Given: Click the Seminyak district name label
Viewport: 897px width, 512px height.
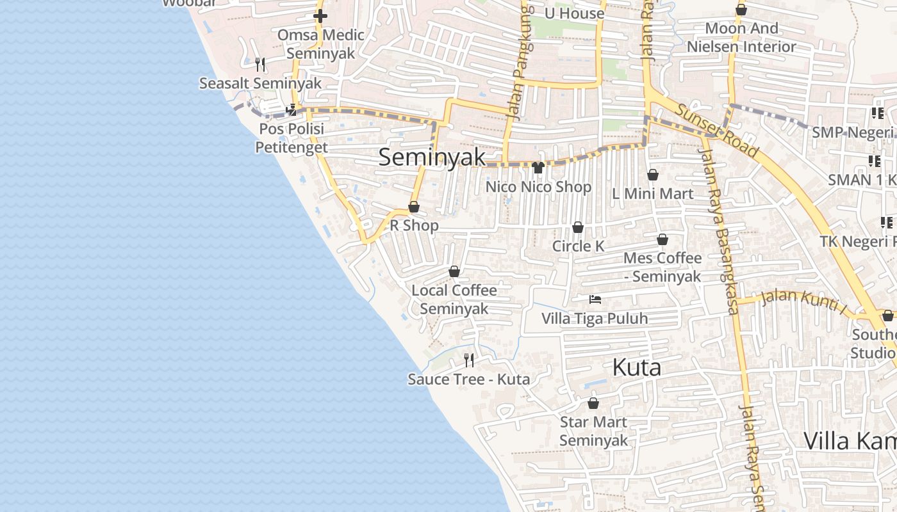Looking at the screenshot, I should coord(431,157).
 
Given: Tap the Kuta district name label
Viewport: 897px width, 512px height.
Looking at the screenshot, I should coord(636,368).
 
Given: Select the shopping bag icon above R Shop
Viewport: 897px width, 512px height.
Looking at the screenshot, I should coord(414,207).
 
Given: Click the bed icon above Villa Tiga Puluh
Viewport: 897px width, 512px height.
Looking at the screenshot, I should coord(595,299).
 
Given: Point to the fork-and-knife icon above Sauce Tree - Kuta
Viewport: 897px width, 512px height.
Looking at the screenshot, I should coord(469,360).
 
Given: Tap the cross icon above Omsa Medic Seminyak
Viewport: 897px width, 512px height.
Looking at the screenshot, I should coord(320,16).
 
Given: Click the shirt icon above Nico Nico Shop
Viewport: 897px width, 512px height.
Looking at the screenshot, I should coord(538,168).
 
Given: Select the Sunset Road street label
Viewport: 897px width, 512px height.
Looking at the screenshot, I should coord(717,131).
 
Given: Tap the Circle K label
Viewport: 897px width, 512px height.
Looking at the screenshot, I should coord(578,246).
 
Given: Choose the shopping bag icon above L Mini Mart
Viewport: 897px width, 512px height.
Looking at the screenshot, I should coord(653,175).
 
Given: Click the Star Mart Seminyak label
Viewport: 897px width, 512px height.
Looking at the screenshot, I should coord(593,431).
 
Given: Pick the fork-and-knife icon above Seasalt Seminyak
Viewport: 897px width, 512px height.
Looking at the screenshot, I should coord(260,64).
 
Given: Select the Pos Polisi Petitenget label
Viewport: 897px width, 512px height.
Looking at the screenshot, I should coord(292,138).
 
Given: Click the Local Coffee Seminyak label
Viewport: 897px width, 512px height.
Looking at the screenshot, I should coord(454,299).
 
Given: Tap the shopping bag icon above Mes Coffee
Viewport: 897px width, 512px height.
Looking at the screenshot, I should coord(662,239).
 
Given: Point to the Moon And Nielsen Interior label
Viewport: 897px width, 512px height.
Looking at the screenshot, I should coord(741,37).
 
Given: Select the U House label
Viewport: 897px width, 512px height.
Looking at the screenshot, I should coord(574,13).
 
